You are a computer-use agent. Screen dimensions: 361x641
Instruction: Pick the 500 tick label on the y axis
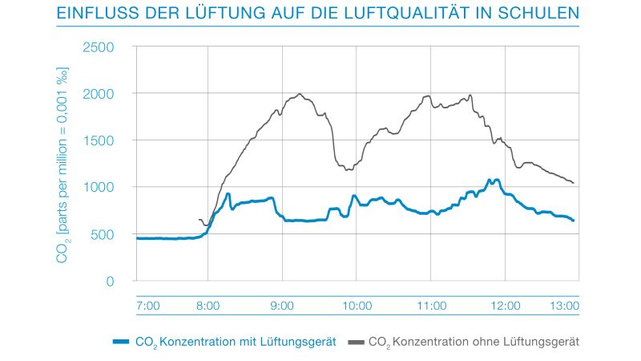tap(103, 234)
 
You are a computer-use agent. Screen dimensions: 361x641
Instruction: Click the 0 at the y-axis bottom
tap(111, 281)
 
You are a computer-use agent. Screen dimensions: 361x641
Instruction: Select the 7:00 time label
tap(148, 306)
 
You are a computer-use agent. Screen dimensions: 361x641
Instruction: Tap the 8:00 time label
tap(208, 306)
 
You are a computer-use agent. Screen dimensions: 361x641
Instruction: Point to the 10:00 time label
tap(357, 306)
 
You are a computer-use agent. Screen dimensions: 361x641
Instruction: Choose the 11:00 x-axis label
tap(431, 306)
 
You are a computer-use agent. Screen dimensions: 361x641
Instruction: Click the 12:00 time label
tap(505, 306)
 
